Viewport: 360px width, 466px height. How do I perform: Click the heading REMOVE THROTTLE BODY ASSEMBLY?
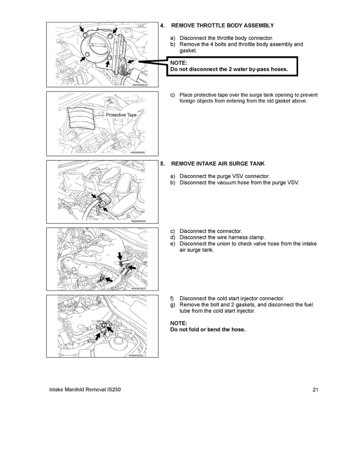(222, 25)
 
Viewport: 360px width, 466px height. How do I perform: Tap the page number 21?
(316, 390)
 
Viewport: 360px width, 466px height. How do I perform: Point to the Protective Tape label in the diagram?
(121, 115)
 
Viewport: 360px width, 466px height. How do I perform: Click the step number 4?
(162, 25)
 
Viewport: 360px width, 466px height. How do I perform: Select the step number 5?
(162, 163)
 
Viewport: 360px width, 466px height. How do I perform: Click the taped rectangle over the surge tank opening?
(82, 118)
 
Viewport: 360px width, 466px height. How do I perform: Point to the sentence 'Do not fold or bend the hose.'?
(208, 329)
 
